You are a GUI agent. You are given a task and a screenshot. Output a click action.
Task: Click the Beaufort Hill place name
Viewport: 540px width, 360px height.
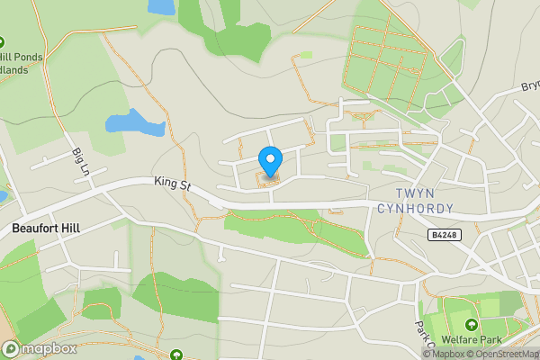click(x=46, y=229)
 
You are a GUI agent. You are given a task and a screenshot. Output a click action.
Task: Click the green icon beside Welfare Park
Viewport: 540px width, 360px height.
click(x=470, y=325)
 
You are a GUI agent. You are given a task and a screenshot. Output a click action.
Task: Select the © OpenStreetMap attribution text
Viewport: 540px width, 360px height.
click(x=503, y=354)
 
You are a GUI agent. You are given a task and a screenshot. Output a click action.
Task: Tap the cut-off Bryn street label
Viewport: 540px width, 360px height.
click(x=530, y=87)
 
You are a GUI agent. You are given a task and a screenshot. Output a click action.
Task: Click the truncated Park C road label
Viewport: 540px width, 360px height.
click(x=423, y=336)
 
